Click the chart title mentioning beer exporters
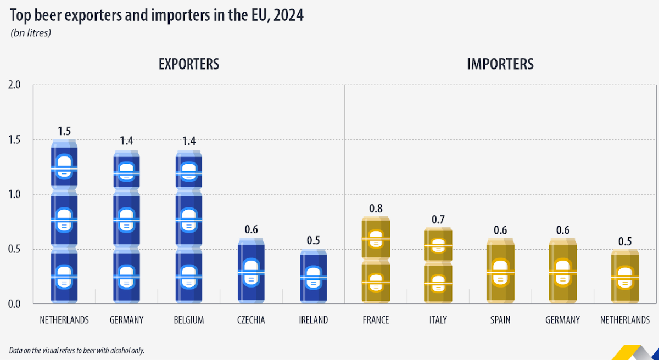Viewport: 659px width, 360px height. (157, 15)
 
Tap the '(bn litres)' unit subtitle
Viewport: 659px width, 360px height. (31, 33)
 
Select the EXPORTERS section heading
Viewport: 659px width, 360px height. (189, 64)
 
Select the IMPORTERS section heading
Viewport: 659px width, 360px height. (500, 64)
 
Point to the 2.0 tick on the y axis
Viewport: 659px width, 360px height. (14, 85)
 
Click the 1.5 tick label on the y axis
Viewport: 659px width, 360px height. (14, 140)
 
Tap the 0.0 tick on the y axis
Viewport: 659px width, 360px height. (14, 303)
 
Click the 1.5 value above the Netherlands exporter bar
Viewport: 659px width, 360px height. (64, 131)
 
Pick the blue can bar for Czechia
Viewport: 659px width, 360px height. (251, 271)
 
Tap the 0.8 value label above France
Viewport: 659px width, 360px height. (376, 208)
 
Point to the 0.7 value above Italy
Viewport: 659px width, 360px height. (438, 219)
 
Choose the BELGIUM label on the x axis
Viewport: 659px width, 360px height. (188, 320)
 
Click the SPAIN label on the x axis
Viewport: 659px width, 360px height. (500, 320)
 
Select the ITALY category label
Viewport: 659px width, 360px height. (438, 320)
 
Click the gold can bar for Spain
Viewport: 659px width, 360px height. (500, 271)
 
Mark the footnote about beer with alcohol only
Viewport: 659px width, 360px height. (76, 350)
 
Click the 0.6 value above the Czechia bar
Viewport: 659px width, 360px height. (251, 230)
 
